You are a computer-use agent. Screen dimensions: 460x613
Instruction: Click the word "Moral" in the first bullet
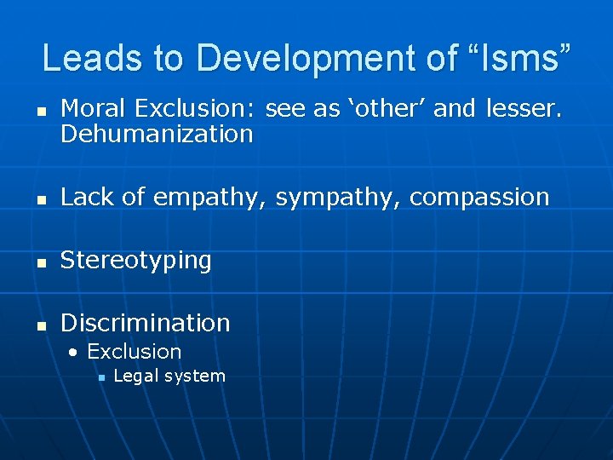coord(95,108)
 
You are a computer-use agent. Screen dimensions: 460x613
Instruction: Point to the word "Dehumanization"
coord(157,134)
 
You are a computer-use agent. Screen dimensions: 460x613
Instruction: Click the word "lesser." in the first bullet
coord(524,108)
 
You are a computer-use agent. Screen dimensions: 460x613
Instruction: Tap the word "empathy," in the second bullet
coord(211,197)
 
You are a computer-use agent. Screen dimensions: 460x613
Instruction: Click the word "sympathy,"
coord(338,197)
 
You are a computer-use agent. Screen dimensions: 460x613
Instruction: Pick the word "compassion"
coord(479,197)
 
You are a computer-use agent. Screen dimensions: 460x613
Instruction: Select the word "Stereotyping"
coord(136,260)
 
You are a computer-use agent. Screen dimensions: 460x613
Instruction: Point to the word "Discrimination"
coord(146,323)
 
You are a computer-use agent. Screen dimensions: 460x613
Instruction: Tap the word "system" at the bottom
coord(198,376)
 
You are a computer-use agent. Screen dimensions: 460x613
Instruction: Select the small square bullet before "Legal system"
coord(100,377)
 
